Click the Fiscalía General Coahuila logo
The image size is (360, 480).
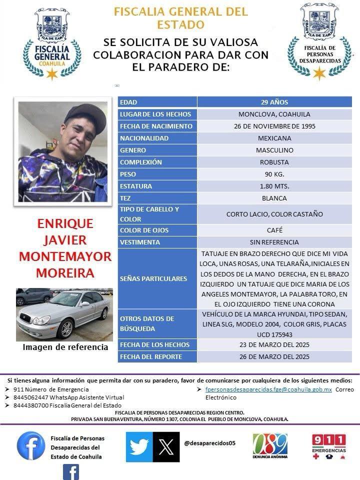[x=51, y=43]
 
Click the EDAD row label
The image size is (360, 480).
[x=157, y=102]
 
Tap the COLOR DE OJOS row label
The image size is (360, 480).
[x=157, y=230]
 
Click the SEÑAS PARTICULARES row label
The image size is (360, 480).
[x=157, y=278]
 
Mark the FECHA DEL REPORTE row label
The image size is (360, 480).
[x=157, y=357]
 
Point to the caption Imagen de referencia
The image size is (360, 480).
[x=65, y=347]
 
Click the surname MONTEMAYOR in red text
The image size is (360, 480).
[x=65, y=256]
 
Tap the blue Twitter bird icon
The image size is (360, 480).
[x=138, y=446]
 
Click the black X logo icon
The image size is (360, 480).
[x=165, y=446]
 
